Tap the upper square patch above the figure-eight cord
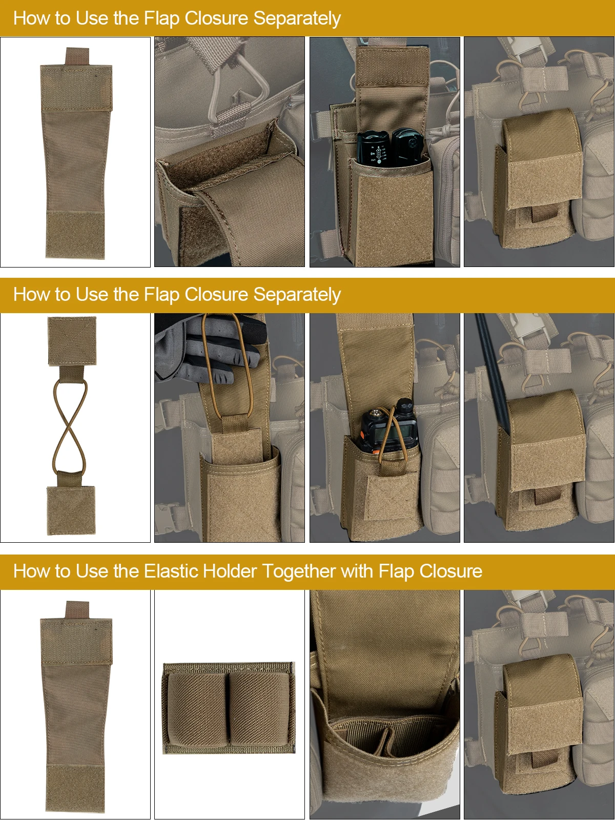click(72, 341)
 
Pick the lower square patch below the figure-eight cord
click(70, 510)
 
